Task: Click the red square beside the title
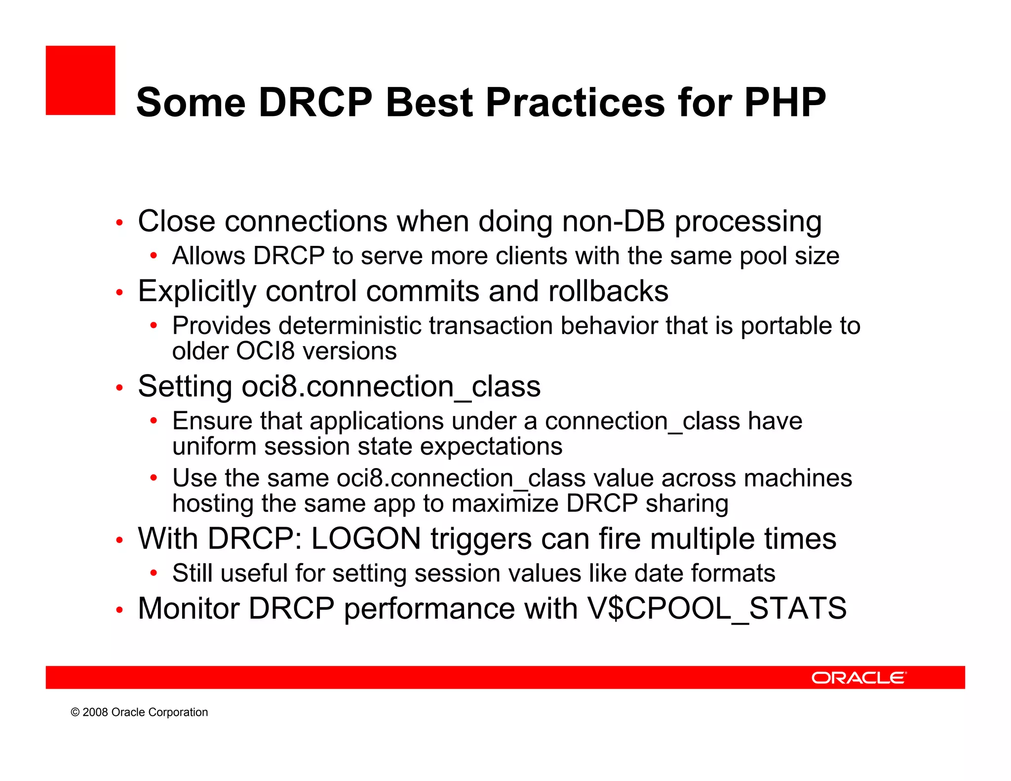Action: click(x=80, y=80)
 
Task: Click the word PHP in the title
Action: click(x=784, y=103)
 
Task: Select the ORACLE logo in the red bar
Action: click(x=859, y=678)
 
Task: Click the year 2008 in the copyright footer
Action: click(x=95, y=712)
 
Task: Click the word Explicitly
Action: click(x=197, y=291)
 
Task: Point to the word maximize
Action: click(x=505, y=504)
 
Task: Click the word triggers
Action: click(x=481, y=539)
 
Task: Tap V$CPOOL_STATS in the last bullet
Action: click(x=716, y=608)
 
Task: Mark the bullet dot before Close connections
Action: click(x=119, y=223)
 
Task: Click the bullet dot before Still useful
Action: click(x=154, y=573)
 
